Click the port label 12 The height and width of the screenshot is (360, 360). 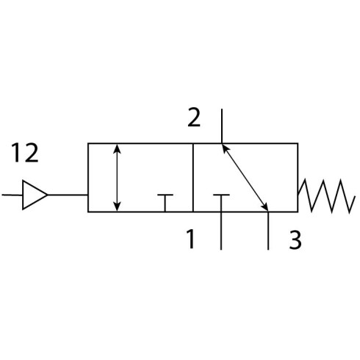tap(25, 153)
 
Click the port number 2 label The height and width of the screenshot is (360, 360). tap(194, 117)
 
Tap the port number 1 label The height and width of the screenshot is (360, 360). tap(191, 239)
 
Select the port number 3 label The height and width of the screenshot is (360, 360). tap(295, 240)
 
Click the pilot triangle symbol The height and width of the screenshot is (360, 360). tap(35, 195)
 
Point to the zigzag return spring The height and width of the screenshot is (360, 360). tap(326, 196)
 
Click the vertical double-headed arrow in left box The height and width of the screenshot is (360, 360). tap(118, 178)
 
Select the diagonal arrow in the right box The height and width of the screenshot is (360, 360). tap(245, 177)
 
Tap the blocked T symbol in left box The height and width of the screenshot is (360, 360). tap(165, 203)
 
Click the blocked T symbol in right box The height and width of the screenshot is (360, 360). tap(221, 203)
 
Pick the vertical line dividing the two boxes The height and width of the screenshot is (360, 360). tap(193, 178)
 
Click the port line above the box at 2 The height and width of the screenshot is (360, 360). tap(222, 126)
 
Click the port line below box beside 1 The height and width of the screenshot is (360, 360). tap(221, 231)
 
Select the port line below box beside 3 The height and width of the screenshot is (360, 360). tap(268, 231)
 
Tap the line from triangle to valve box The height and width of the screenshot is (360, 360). tap(68, 195)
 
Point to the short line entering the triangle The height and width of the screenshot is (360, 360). tap(12, 195)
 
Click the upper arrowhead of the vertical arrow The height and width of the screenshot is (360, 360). tap(118, 148)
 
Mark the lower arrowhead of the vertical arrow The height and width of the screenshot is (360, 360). tap(118, 206)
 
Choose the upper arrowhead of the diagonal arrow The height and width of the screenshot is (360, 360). tap(225, 148)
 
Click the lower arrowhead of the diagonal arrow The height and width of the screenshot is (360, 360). tap(264, 206)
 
